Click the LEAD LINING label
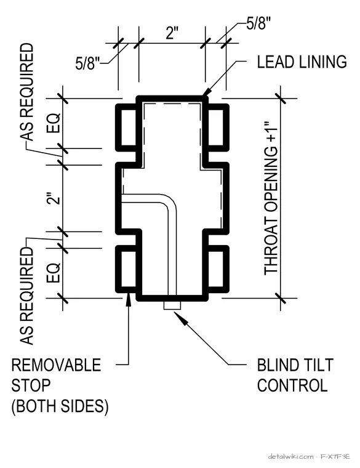(302, 62)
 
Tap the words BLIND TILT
(295, 365)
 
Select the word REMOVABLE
(57, 365)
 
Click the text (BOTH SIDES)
(60, 406)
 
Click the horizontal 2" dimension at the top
(172, 33)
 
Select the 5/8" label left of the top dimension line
(87, 63)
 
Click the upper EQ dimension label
(54, 123)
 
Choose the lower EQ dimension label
(54, 273)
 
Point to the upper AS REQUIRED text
(26, 92)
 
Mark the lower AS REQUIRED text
(26, 296)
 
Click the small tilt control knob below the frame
(172, 305)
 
